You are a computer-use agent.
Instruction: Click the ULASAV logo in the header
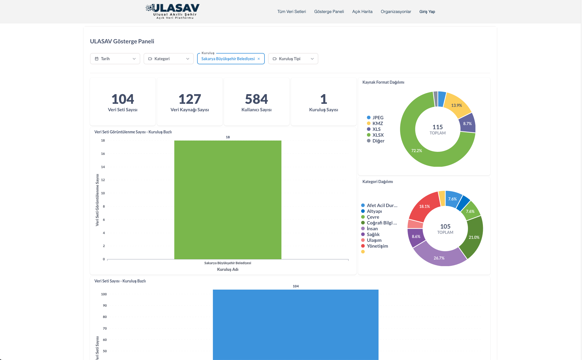[173, 11]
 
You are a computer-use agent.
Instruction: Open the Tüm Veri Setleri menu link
[292, 12]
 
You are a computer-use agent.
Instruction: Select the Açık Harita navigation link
[362, 12]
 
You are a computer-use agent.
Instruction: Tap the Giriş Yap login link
[427, 12]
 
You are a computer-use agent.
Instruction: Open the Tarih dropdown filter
[115, 59]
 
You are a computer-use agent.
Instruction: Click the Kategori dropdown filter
[169, 59]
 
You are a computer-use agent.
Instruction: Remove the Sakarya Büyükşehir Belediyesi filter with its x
[259, 59]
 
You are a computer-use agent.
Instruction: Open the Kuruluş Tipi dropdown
[293, 59]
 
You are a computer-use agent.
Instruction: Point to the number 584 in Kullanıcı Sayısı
[256, 99]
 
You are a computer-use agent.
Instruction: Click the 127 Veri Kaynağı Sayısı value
[190, 99]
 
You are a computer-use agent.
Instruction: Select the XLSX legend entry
[378, 135]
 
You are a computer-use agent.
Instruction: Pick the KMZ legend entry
[377, 123]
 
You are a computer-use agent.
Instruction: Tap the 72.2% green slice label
[417, 151]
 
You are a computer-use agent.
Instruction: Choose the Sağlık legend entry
[373, 234]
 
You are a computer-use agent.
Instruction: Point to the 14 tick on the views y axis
[103, 167]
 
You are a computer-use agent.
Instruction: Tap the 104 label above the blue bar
[296, 286]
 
